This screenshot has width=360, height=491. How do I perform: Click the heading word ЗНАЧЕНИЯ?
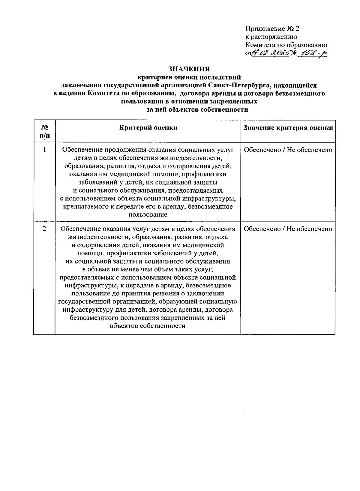[189, 69]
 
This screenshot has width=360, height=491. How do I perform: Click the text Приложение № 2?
[272, 29]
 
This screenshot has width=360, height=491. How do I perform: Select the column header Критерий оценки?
[148, 127]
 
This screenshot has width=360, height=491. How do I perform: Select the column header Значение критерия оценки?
[288, 128]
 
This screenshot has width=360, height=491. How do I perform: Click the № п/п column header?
[44, 131]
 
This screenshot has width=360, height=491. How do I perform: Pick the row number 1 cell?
[44, 149]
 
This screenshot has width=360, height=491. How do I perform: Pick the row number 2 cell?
[44, 229]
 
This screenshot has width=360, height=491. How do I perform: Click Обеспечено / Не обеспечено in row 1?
[288, 150]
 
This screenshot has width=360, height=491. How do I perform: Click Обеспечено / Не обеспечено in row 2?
[288, 229]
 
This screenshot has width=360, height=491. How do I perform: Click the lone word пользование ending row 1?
[148, 215]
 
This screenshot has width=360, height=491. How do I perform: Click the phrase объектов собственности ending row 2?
[148, 326]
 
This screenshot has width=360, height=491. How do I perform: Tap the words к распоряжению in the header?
[271, 37]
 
